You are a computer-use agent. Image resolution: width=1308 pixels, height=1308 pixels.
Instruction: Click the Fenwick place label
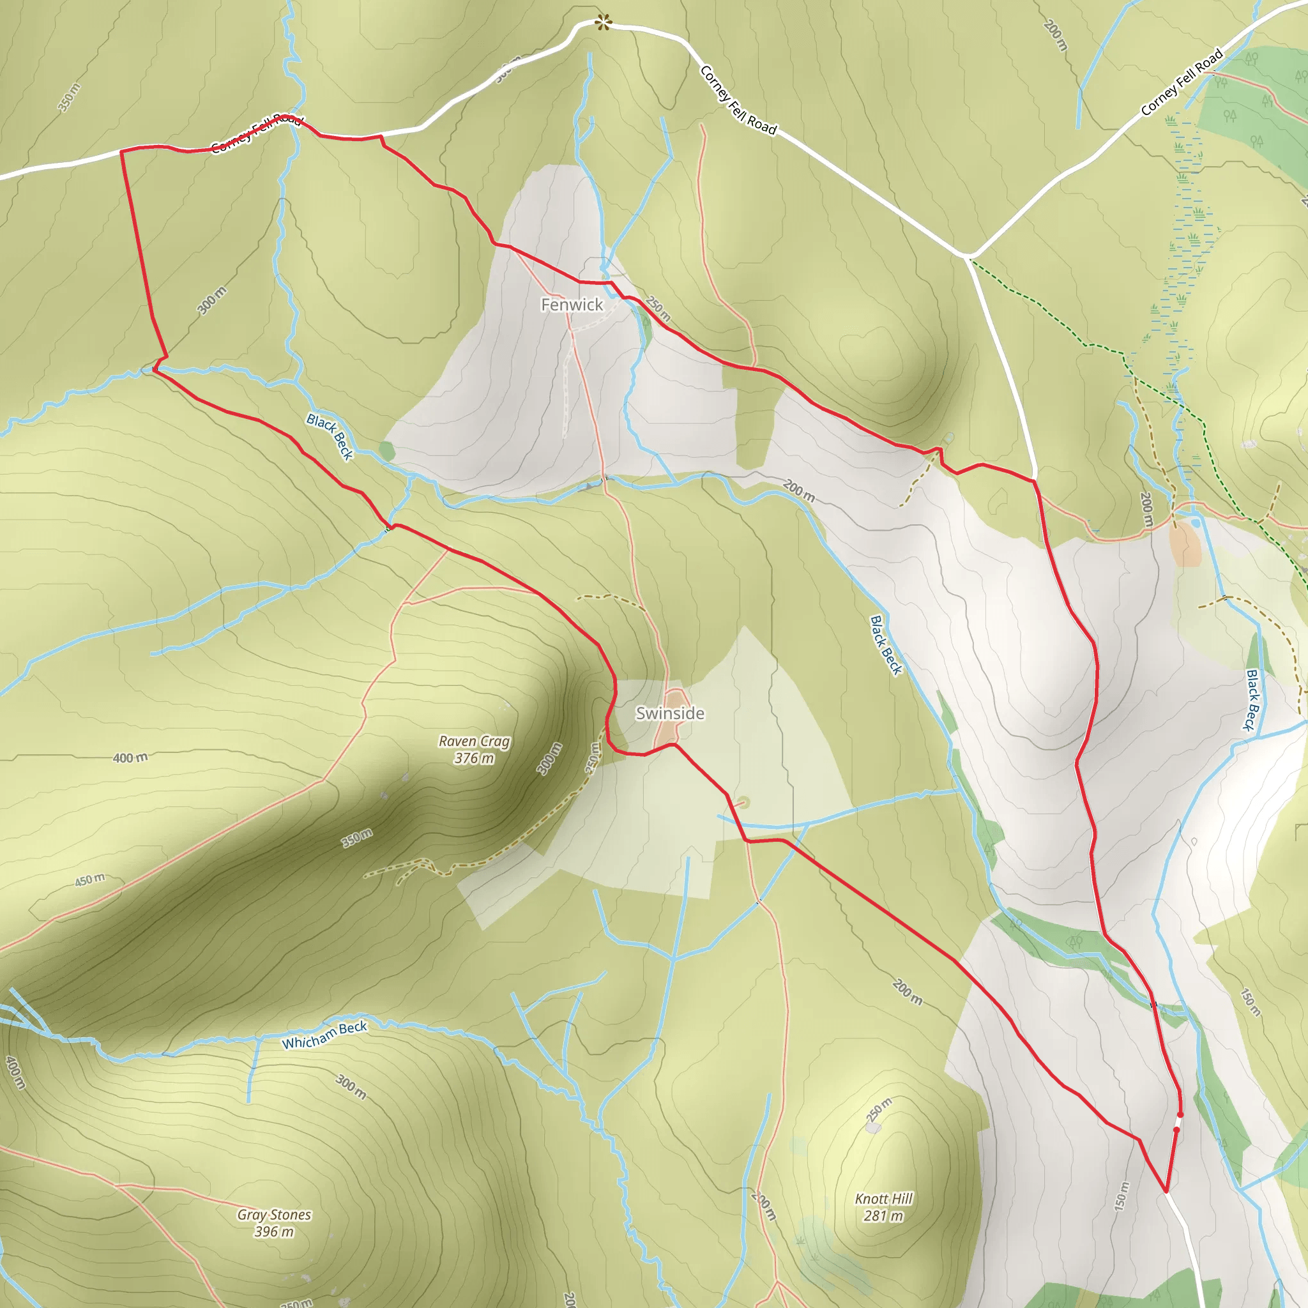[572, 305]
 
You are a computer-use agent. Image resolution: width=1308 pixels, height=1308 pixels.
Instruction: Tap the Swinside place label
[669, 713]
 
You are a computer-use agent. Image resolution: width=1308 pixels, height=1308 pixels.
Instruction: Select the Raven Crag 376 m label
[474, 749]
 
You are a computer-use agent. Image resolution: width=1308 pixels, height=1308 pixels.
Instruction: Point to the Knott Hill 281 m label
[883, 1207]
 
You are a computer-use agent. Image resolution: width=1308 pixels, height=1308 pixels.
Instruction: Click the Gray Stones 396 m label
[274, 1223]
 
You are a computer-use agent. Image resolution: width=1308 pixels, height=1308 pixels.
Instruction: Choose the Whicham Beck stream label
[324, 1035]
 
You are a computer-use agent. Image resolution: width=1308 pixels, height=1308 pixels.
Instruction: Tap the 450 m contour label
[89, 880]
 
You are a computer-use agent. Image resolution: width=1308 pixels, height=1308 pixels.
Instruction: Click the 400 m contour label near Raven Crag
[130, 757]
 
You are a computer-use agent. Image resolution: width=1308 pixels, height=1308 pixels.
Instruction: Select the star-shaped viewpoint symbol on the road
[602, 24]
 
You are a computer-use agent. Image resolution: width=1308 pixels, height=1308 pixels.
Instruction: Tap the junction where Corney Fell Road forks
[968, 256]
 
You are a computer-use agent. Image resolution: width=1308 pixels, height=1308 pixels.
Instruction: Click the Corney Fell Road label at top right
[1182, 82]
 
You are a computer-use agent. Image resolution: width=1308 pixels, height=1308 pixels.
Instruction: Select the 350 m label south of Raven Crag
[357, 837]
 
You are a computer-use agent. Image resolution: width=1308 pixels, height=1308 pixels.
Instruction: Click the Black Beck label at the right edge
[1252, 700]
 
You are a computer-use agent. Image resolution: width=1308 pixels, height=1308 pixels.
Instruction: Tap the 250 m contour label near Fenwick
[657, 308]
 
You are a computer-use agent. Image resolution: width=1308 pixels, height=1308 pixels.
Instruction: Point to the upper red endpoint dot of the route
[1181, 1114]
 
